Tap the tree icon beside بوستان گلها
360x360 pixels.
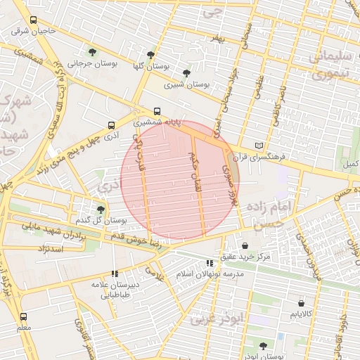(x=150, y=54)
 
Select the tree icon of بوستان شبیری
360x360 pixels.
(x=186, y=72)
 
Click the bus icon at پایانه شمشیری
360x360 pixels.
(x=156, y=110)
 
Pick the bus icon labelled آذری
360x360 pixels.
(x=110, y=126)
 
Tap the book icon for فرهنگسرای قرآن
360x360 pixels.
(x=258, y=146)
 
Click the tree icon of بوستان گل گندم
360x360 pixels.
(x=101, y=210)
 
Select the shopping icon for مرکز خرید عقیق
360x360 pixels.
(x=245, y=246)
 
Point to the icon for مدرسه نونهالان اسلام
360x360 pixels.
(x=209, y=263)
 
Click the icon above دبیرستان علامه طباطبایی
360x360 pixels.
(x=115, y=274)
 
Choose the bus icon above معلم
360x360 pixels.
(x=24, y=316)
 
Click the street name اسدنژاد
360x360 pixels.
(x=49, y=249)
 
